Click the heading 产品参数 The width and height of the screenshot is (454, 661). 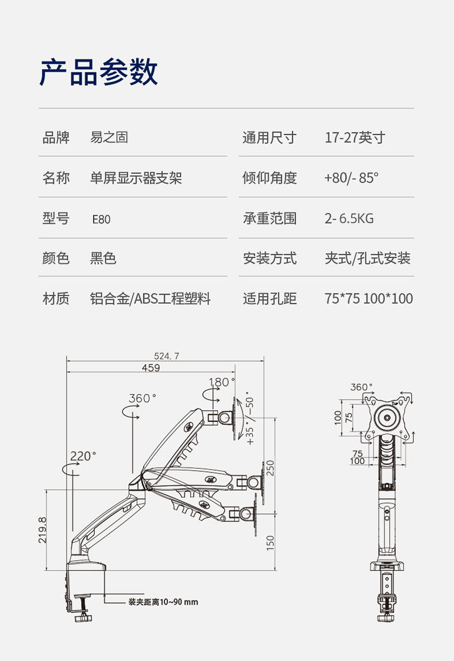[98, 73]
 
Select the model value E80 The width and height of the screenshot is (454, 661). [101, 219]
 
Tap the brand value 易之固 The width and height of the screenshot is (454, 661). [109, 137]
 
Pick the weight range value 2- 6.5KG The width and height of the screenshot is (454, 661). [349, 218]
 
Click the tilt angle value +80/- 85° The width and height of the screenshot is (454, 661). [351, 178]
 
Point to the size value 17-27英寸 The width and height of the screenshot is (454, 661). [355, 137]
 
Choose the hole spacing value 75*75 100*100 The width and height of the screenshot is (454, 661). [368, 298]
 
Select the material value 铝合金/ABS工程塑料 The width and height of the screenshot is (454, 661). [150, 298]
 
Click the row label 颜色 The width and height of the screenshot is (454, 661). [56, 258]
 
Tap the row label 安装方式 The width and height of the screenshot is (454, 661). [270, 258]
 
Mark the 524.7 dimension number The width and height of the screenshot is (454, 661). [167, 356]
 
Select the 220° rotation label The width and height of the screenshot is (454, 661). [83, 456]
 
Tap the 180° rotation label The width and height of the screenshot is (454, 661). [222, 382]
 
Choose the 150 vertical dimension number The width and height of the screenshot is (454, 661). [270, 541]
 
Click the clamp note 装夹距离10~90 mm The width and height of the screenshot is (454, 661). [163, 602]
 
